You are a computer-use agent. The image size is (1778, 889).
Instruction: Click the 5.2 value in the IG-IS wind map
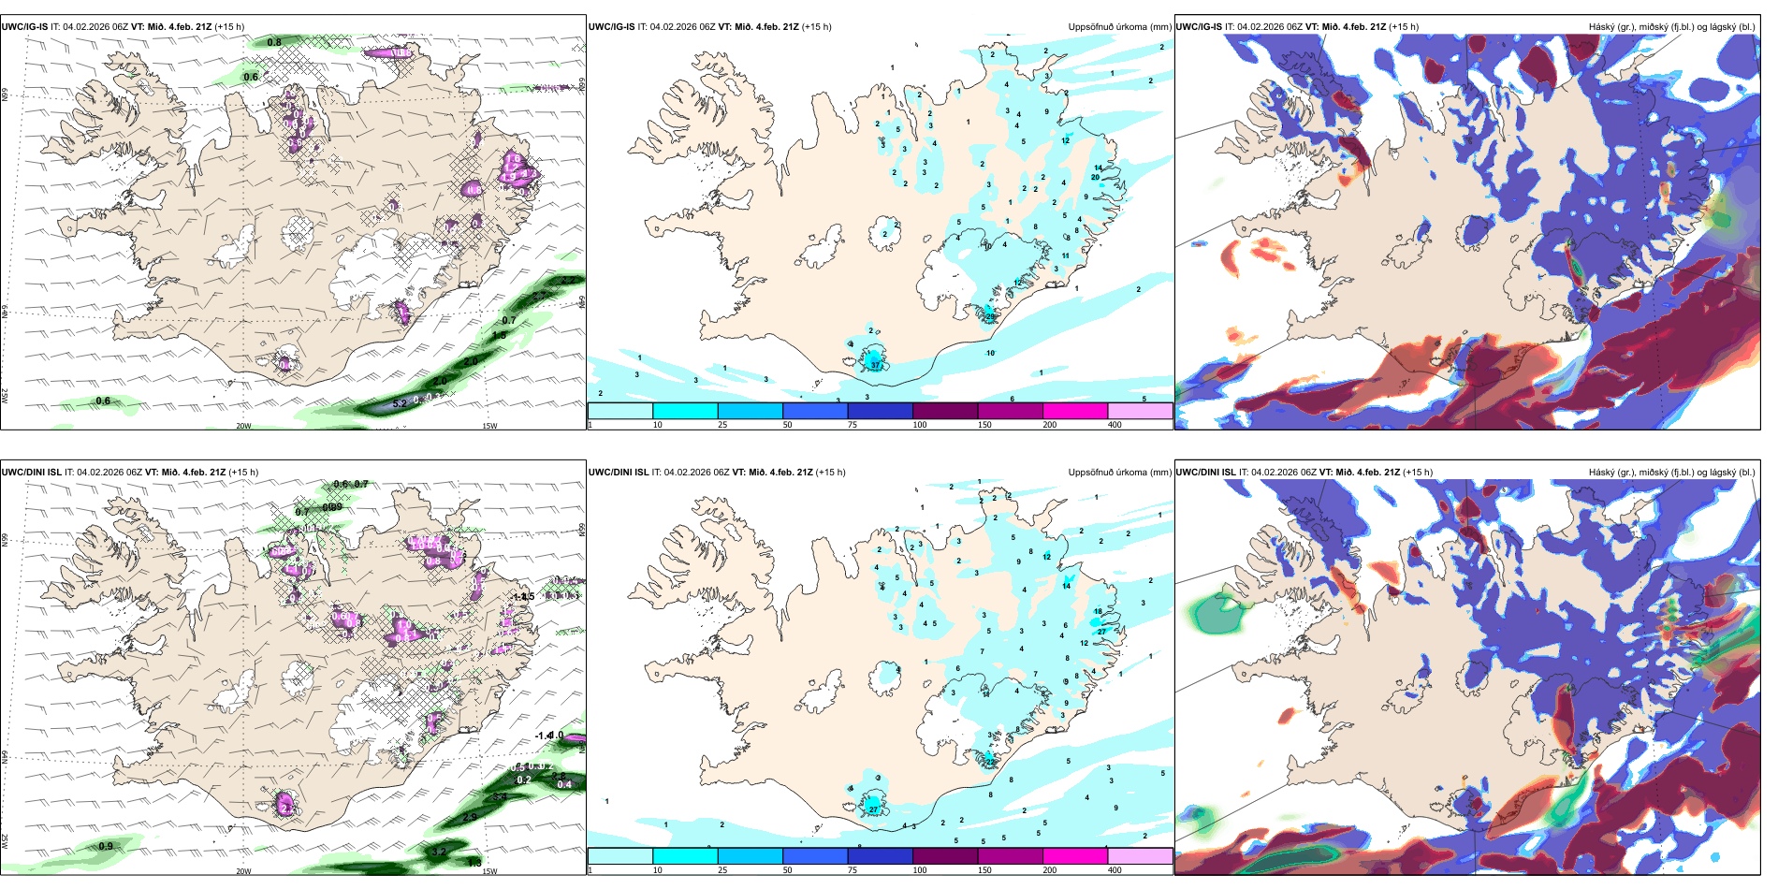(400, 403)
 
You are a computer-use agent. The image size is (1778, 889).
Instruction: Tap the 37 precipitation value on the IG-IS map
(876, 365)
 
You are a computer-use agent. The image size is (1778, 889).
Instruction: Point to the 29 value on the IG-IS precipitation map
(989, 317)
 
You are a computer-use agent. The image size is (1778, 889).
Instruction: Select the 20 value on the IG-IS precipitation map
(1095, 177)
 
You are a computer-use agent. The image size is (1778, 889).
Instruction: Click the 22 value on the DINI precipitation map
(990, 763)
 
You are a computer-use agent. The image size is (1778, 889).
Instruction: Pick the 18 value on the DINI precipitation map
(1098, 611)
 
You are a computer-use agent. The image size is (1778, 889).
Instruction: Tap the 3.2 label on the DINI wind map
(439, 852)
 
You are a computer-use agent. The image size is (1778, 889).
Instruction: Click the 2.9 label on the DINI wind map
(470, 817)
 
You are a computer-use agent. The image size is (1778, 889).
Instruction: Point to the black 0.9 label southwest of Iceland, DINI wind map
(106, 846)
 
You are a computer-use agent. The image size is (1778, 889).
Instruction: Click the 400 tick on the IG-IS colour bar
(1115, 425)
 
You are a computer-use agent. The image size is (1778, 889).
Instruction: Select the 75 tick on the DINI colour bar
(852, 870)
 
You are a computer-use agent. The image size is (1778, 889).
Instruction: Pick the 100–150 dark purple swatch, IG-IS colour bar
(945, 411)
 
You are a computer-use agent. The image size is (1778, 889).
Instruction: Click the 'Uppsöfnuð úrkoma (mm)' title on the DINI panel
(1119, 473)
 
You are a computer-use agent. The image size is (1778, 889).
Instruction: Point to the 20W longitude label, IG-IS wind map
(243, 426)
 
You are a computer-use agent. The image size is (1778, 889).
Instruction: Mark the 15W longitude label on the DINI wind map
(489, 871)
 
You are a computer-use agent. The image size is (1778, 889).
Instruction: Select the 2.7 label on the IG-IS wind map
(569, 280)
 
